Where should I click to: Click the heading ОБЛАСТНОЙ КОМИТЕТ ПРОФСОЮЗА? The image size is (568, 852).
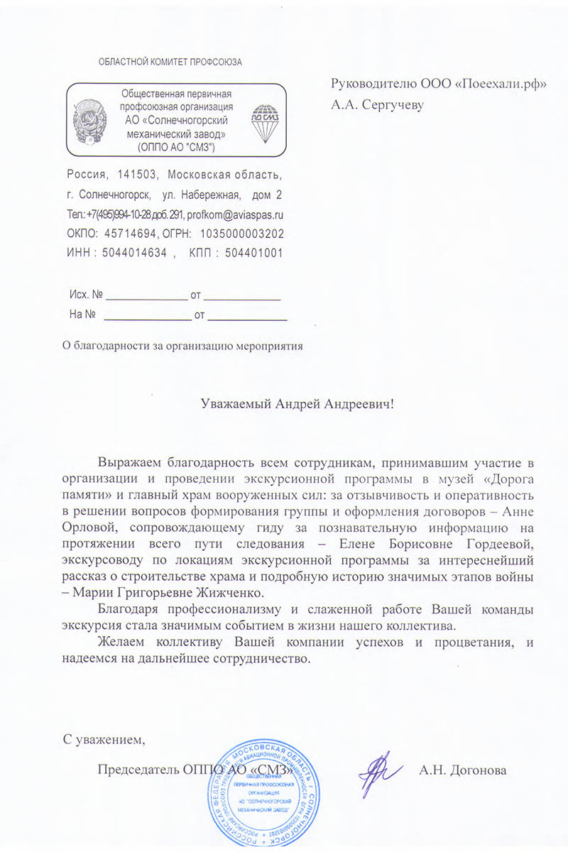[170, 62]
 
